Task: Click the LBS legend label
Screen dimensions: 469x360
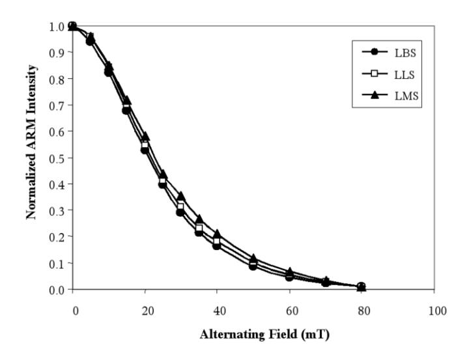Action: (x=405, y=53)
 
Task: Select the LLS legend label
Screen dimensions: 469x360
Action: (x=405, y=74)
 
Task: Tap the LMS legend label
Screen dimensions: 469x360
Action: (x=406, y=96)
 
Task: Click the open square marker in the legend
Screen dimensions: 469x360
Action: (x=375, y=74)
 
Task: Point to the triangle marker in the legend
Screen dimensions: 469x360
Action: (x=375, y=95)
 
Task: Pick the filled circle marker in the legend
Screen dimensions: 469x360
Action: (x=375, y=52)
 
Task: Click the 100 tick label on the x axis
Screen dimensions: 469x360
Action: (x=437, y=311)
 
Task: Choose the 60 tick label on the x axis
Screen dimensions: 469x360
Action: (x=292, y=311)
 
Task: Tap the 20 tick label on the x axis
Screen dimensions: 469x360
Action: (x=148, y=311)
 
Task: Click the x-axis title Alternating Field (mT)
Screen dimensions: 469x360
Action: (x=264, y=335)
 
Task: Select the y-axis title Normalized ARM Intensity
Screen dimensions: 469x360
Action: (x=31, y=142)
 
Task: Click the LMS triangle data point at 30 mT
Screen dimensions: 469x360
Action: (x=181, y=196)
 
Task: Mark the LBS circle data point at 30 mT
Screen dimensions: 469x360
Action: (x=180, y=213)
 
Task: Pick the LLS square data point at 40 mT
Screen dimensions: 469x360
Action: (x=216, y=241)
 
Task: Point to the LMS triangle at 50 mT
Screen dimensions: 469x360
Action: (x=253, y=258)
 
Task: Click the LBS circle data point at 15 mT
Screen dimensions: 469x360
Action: (x=126, y=110)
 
